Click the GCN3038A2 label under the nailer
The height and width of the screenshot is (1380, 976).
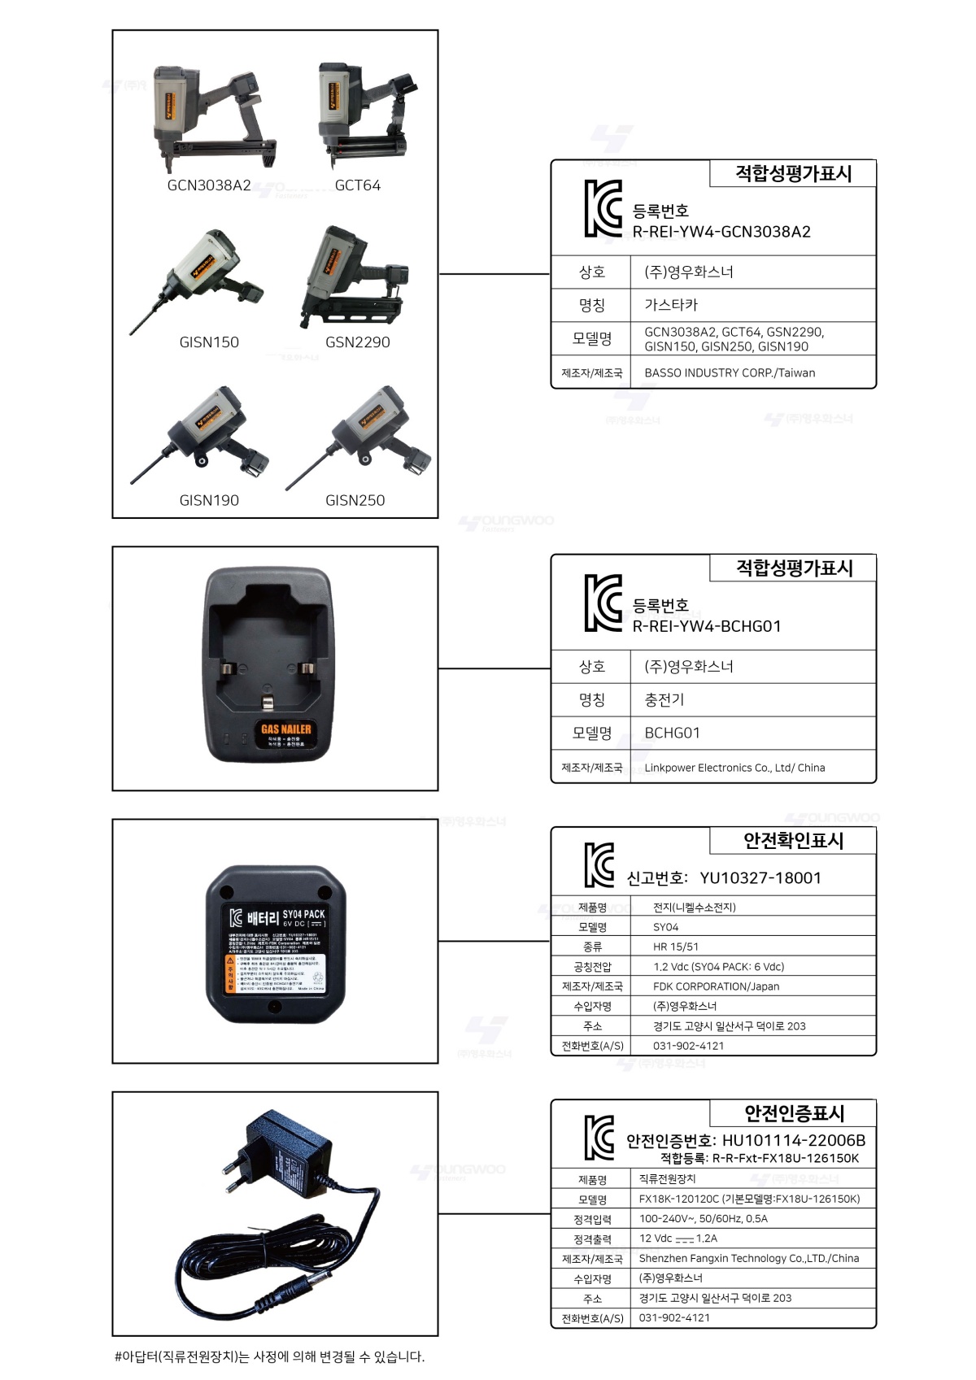(209, 185)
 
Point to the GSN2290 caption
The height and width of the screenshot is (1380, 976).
(358, 342)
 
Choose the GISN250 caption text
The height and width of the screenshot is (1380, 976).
(355, 500)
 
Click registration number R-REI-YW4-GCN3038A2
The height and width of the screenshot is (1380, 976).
(721, 232)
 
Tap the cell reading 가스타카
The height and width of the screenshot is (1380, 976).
(671, 305)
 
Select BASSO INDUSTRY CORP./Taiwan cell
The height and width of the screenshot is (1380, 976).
(730, 373)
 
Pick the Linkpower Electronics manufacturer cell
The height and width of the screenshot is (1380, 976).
(734, 768)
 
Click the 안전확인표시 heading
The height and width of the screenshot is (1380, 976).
(793, 841)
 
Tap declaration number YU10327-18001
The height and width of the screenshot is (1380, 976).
(760, 878)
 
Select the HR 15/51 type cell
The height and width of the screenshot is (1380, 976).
(676, 947)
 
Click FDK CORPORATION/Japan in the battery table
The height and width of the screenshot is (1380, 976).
(716, 986)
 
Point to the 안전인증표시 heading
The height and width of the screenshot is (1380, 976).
(794, 1113)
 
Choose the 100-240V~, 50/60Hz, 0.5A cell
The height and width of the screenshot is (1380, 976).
(704, 1219)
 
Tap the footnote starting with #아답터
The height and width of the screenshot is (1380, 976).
(270, 1356)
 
